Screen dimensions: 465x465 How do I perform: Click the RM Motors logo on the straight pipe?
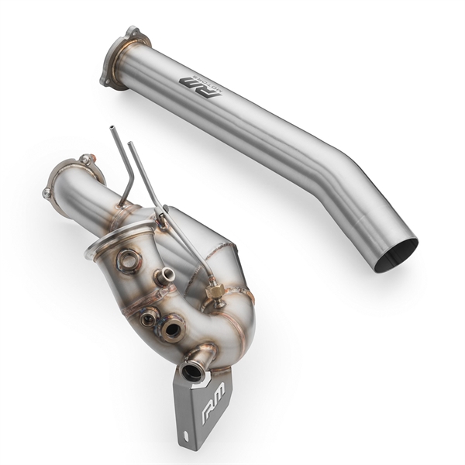coord(199,82)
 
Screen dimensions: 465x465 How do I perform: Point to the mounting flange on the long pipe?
coord(119,57)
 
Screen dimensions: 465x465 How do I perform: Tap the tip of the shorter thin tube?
coord(111,129)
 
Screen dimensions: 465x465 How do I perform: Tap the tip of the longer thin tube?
coord(129,144)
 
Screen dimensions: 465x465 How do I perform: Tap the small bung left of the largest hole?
coord(147,318)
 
